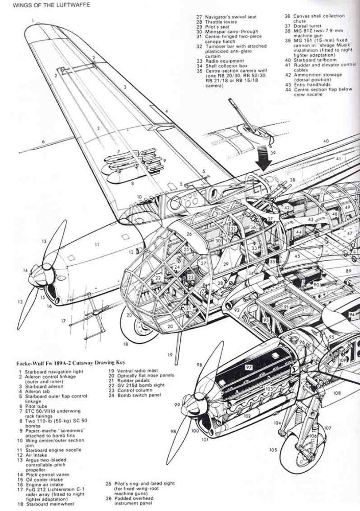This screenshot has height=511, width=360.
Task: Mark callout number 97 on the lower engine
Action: click(249, 367)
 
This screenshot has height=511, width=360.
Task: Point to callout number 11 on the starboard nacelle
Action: click(97, 245)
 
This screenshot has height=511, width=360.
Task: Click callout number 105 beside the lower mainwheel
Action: click(274, 450)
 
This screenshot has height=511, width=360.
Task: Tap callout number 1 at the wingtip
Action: click(32, 20)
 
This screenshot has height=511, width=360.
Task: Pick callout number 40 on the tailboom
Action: click(325, 141)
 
